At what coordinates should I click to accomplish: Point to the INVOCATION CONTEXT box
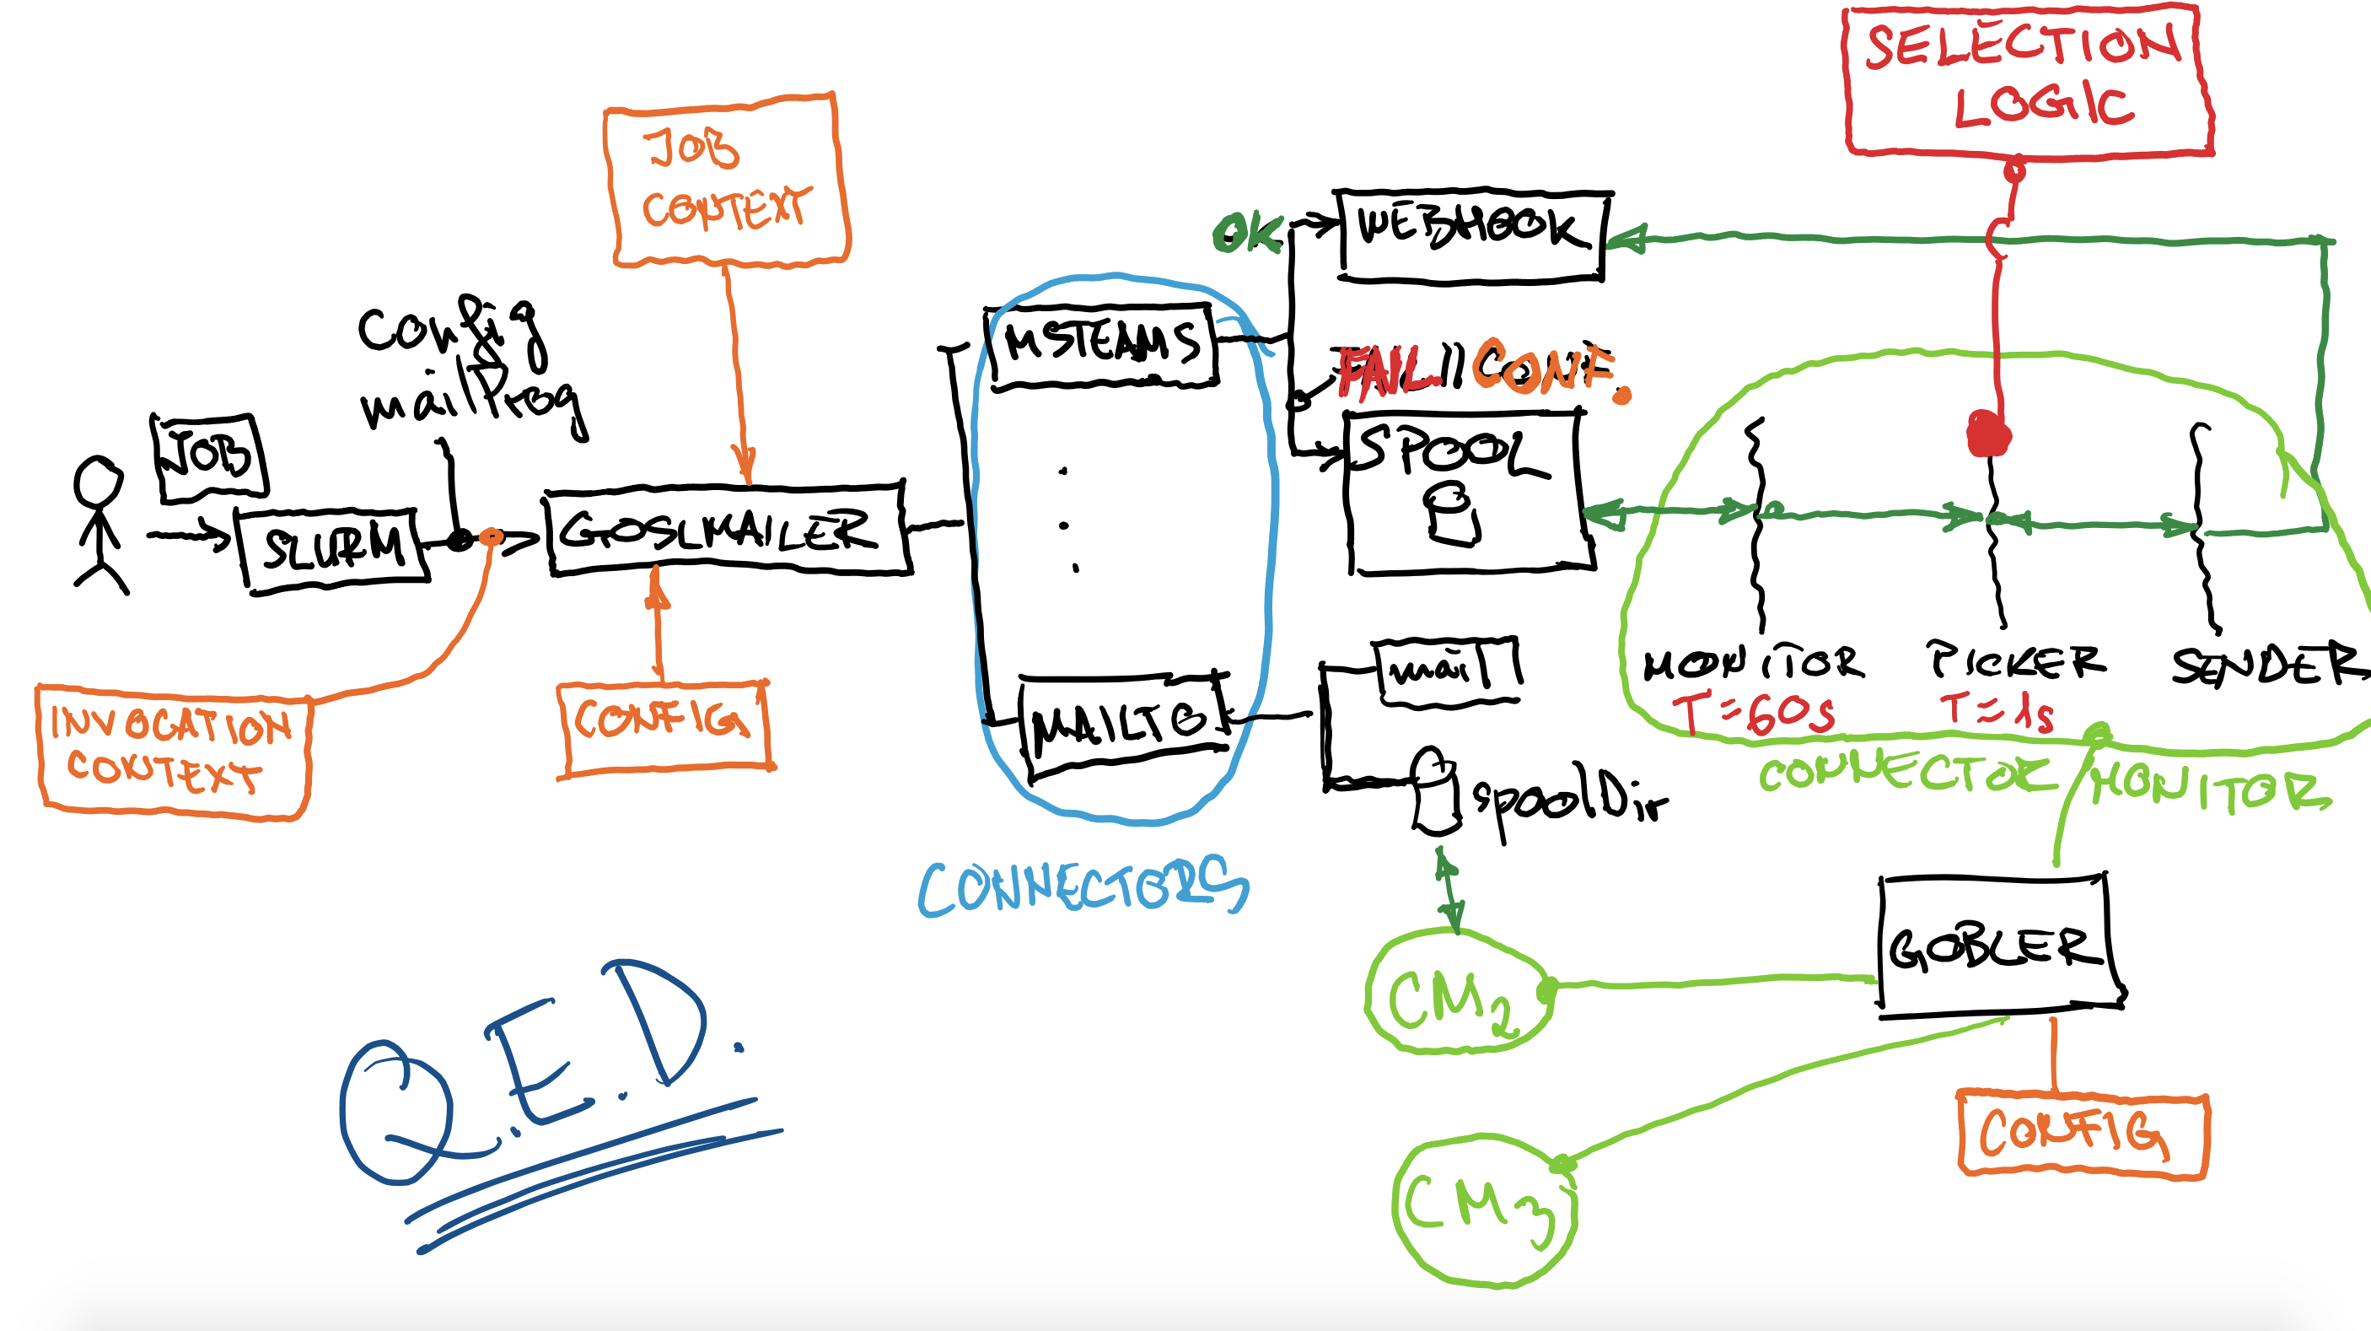(173, 750)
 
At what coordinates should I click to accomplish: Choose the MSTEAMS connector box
(1103, 345)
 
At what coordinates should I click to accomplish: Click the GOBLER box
(1997, 946)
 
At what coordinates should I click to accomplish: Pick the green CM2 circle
(1456, 992)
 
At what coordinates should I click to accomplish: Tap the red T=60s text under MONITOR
(1754, 714)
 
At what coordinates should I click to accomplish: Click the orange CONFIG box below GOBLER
(2082, 1134)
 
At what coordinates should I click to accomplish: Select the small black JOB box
(210, 457)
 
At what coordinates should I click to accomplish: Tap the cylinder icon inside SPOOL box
(1453, 515)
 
